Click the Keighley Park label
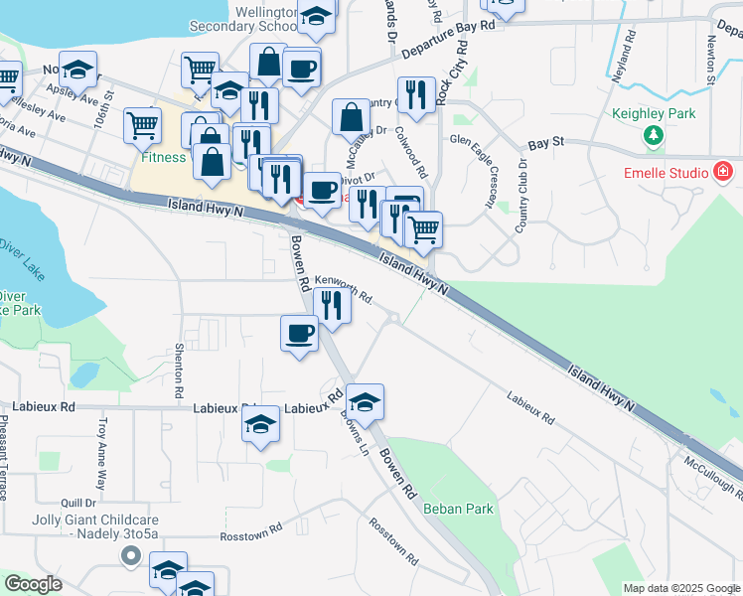point(653,113)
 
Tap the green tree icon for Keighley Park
point(653,136)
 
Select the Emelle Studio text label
point(665,173)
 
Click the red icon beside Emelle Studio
point(724,173)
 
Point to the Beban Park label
point(458,509)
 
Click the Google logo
point(33,584)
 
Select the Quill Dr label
point(76,503)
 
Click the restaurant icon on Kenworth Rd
point(332,305)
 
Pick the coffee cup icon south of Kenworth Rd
point(299,333)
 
